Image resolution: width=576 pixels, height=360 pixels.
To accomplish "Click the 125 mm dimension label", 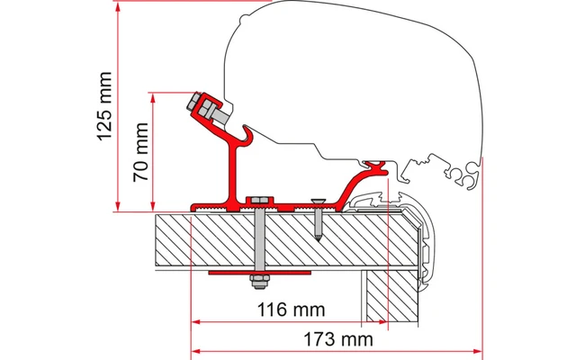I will (x=105, y=106).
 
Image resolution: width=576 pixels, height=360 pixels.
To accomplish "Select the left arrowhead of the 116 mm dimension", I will (x=195, y=320).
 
